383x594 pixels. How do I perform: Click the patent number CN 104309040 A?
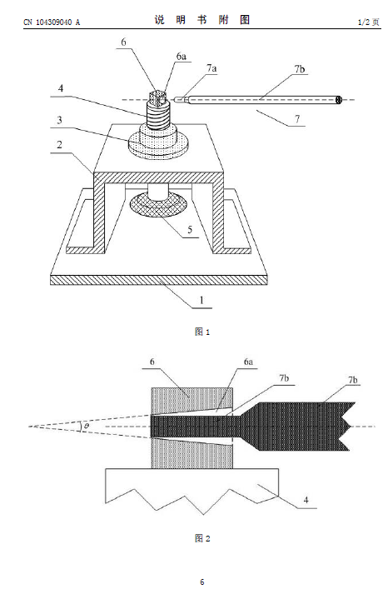tap(52, 22)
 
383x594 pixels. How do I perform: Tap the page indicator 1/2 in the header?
tap(364, 22)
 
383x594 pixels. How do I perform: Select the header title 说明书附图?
tap(202, 20)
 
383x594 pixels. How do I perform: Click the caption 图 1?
tap(202, 332)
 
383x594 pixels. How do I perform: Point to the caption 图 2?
tap(202, 538)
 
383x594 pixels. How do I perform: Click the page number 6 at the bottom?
tap(202, 582)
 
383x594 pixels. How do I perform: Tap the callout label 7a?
tap(211, 68)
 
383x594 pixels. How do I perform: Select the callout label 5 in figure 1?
tap(190, 230)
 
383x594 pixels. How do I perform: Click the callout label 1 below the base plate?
tap(201, 301)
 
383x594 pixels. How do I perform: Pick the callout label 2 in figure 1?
tap(59, 145)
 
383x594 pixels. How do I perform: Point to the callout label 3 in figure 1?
tap(59, 121)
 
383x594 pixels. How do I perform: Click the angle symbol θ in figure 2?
tap(87, 427)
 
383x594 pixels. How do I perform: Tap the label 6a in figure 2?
tap(248, 362)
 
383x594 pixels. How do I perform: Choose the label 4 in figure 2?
tap(306, 500)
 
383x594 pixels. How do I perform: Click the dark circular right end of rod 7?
tap(339, 100)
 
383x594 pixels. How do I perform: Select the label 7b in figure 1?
tap(300, 69)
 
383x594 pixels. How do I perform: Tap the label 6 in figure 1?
tap(123, 42)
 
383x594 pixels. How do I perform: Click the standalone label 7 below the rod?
tap(297, 118)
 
